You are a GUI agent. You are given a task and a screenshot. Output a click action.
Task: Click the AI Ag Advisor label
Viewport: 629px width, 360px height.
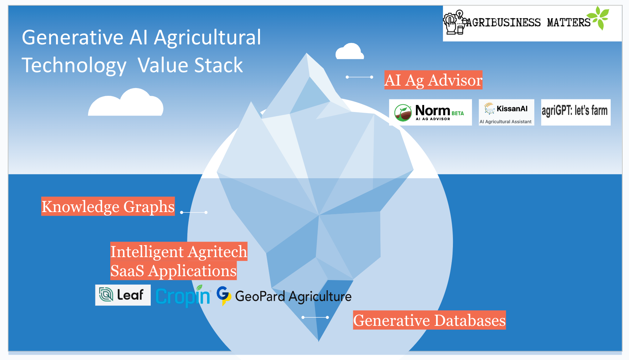tap(433, 80)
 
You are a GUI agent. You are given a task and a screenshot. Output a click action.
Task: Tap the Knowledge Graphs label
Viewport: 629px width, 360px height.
tap(108, 206)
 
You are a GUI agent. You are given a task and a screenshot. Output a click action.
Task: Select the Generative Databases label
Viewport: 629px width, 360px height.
tap(429, 320)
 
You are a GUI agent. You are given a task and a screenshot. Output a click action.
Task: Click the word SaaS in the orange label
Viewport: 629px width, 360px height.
tap(127, 271)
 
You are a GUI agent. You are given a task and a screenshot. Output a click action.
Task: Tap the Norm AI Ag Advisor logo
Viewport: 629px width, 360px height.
tap(430, 112)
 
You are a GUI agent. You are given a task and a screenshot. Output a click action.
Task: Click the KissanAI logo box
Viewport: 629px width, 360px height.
tap(506, 112)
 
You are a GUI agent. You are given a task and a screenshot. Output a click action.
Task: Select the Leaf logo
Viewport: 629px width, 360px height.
tap(123, 295)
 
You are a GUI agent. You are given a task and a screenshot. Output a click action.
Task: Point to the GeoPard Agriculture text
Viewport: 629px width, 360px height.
tap(293, 297)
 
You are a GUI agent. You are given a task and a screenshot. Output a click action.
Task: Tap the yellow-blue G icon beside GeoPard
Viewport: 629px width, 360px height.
tap(223, 296)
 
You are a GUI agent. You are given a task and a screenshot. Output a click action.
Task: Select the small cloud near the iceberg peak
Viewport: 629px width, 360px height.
tap(349, 52)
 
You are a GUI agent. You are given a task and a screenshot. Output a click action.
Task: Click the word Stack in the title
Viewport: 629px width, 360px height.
tap(218, 66)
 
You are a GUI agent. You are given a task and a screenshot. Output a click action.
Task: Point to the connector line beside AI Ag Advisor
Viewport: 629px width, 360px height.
tap(359, 77)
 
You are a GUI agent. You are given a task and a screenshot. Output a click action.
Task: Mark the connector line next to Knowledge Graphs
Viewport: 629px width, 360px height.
tap(194, 212)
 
